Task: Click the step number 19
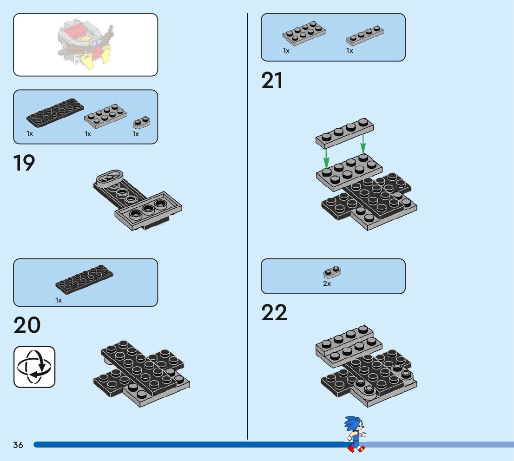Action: [x=24, y=163]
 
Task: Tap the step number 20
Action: [x=27, y=325]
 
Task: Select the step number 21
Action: [x=272, y=80]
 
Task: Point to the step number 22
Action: [x=274, y=313]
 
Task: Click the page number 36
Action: [x=18, y=445]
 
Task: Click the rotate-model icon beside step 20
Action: [x=34, y=367]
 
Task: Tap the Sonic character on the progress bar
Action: [x=355, y=434]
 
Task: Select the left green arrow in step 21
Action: [x=327, y=158]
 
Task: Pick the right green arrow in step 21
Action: [x=363, y=144]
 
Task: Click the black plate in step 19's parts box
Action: [x=55, y=113]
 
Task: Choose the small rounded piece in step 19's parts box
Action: [x=142, y=122]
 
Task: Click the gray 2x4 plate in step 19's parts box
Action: [x=105, y=116]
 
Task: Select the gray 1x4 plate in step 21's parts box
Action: [x=365, y=36]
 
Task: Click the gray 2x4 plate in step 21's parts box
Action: [x=304, y=33]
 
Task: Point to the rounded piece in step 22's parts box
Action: [x=332, y=271]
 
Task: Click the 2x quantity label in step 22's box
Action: [x=327, y=283]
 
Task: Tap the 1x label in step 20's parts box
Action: [x=59, y=300]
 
